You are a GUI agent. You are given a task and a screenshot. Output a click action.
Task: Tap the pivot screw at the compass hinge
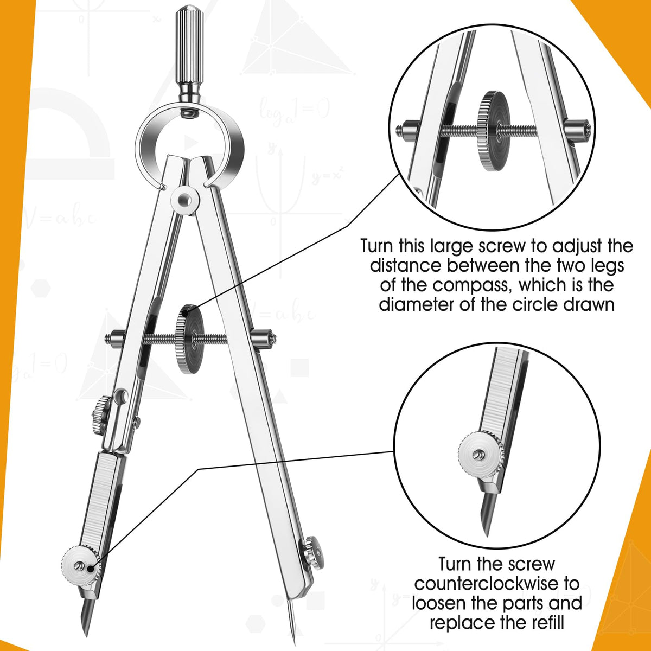(186, 200)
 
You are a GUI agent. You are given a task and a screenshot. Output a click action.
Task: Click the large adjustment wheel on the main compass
(188, 339)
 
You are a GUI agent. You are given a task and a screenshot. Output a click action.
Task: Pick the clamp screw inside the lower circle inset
(481, 454)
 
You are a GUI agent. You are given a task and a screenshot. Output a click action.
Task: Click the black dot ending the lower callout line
(91, 568)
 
